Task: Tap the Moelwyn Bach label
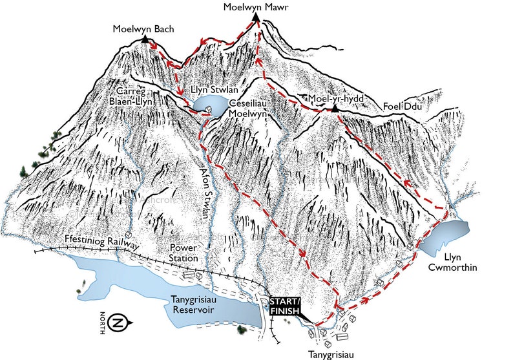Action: coord(143,28)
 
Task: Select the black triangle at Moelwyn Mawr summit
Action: coord(256,18)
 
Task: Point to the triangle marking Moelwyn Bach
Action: coord(143,40)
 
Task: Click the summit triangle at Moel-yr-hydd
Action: coord(335,108)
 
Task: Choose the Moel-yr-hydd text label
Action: coord(336,98)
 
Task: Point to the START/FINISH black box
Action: coord(284,306)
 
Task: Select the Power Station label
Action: coord(183,253)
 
